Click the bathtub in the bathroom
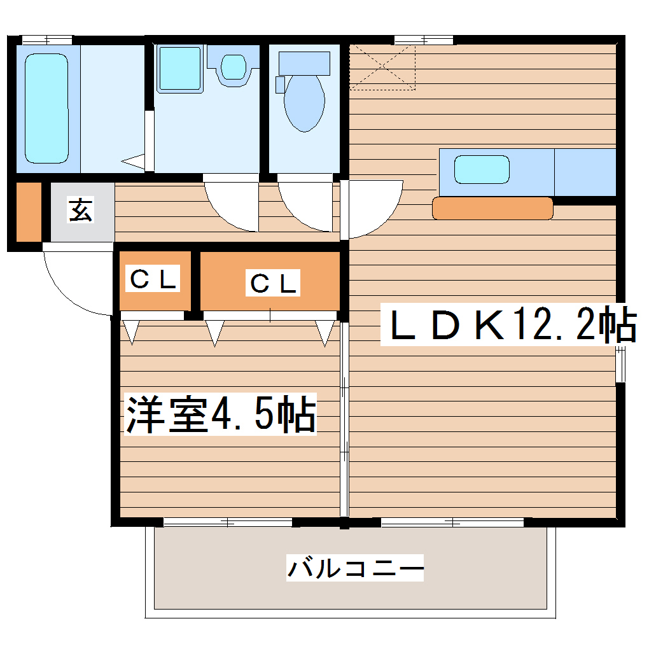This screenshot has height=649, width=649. click(46, 108)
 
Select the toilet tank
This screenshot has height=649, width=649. click(304, 62)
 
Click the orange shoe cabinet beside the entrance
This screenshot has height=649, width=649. click(28, 212)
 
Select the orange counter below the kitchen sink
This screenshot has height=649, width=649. click(492, 208)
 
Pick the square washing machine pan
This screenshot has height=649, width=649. click(179, 68)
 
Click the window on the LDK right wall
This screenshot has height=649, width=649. click(620, 363)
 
